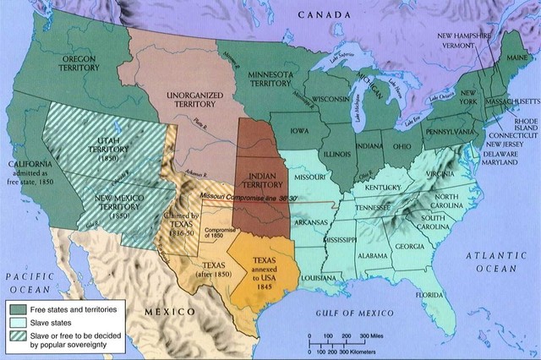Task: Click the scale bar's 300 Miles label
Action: pos(369,335)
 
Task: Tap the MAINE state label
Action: pos(512,57)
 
